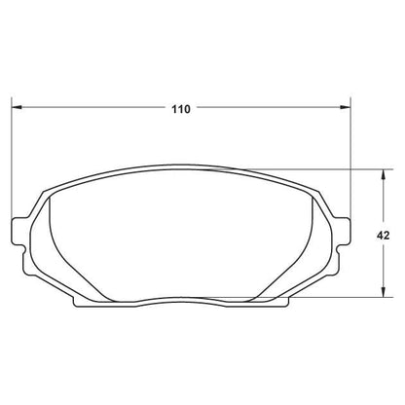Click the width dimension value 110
[x=180, y=110]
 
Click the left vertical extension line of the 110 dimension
[x=11, y=156]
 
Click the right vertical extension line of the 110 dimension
[x=349, y=156]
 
